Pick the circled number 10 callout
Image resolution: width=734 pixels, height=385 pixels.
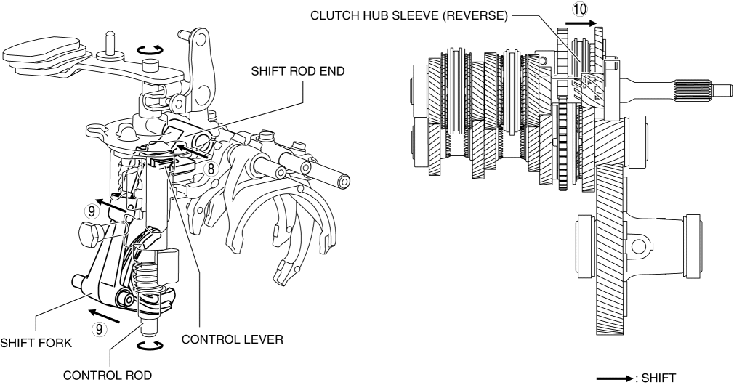pyautogui.click(x=578, y=9)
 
